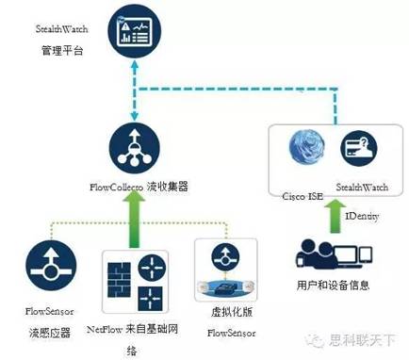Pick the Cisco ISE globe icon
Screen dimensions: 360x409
[309, 148]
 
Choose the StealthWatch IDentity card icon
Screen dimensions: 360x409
[357, 148]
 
